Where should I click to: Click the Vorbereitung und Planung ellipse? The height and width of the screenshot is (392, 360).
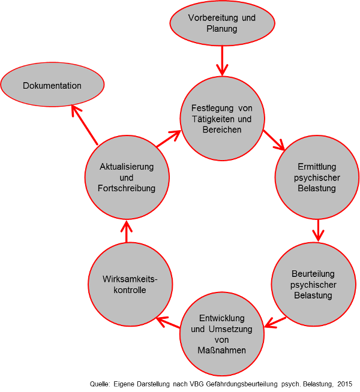click(x=223, y=23)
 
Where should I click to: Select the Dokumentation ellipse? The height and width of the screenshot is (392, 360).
click(x=52, y=86)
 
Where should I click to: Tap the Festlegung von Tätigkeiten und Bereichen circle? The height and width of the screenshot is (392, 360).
click(x=222, y=119)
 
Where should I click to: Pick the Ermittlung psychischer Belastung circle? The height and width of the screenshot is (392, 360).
click(x=317, y=177)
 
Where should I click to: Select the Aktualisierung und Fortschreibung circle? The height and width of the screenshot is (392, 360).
click(x=126, y=177)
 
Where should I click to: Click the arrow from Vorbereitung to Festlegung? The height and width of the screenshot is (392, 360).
click(x=223, y=61)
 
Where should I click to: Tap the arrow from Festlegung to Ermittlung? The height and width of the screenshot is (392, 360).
click(x=274, y=140)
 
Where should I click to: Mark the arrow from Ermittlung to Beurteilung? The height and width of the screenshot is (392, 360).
click(x=317, y=230)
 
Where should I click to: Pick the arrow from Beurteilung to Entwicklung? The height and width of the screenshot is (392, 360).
click(x=275, y=322)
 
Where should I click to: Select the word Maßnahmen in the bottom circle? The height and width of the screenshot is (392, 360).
click(x=222, y=350)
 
